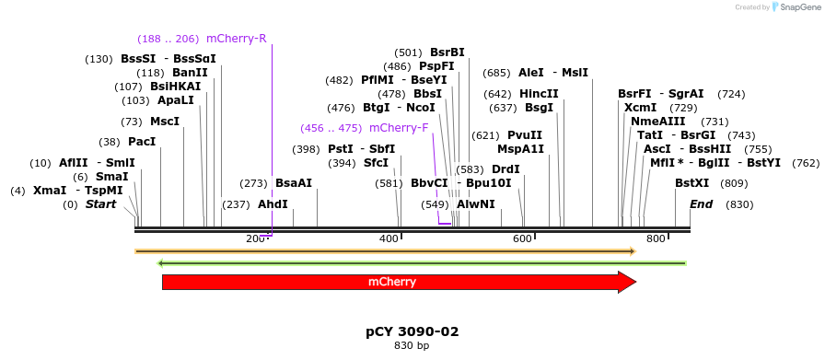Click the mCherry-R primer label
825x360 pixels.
pyautogui.click(x=236, y=39)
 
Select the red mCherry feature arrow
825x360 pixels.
pyautogui.click(x=398, y=282)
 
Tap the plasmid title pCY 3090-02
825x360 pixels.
pyautogui.click(x=412, y=331)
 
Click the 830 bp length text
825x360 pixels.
pyautogui.click(x=412, y=346)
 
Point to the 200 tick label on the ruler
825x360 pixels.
pyautogui.click(x=255, y=239)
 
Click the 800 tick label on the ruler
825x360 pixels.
pyautogui.click(x=656, y=239)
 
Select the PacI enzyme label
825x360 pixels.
pyautogui.click(x=142, y=142)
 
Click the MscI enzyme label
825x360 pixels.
pyautogui.click(x=165, y=122)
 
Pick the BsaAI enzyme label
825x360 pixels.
pyautogui.click(x=294, y=183)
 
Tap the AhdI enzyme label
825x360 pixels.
pyautogui.click(x=273, y=204)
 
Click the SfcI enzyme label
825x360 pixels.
pyautogui.click(x=376, y=163)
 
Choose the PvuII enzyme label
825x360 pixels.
pyautogui.click(x=525, y=135)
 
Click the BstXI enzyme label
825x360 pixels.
pyautogui.click(x=692, y=183)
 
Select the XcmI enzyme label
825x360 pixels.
pyautogui.click(x=640, y=108)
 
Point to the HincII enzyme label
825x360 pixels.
pyautogui.click(x=539, y=94)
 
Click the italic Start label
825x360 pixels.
pyautogui.click(x=101, y=204)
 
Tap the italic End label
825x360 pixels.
pyautogui.click(x=701, y=204)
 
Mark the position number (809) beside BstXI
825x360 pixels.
pyautogui.click(x=735, y=183)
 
